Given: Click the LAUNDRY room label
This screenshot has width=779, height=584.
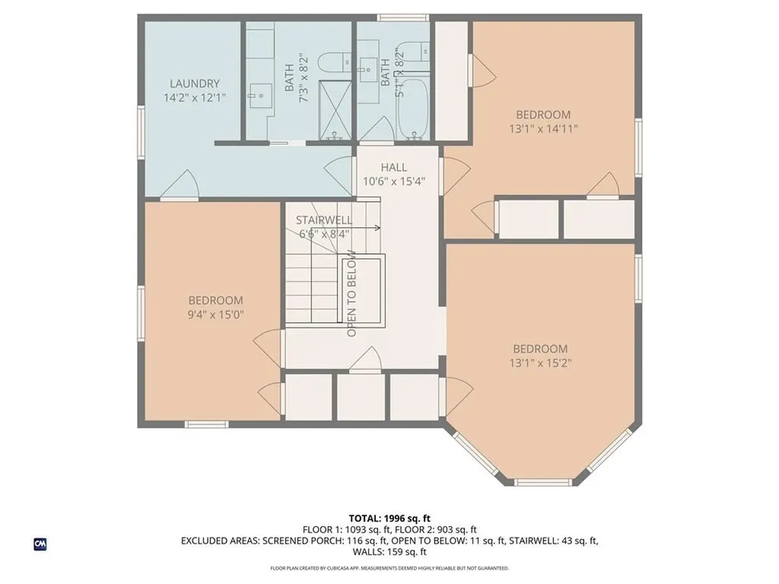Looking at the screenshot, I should (195, 84).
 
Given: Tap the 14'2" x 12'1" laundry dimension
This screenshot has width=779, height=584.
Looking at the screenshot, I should (195, 98).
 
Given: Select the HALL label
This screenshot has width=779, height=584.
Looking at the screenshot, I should (393, 167).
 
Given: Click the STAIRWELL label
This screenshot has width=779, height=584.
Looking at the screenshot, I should (324, 220).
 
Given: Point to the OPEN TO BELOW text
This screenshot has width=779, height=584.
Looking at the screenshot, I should (352, 293).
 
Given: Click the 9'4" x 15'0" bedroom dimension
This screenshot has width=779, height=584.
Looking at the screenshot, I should (216, 315).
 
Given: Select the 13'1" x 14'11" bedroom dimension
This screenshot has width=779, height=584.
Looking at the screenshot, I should (543, 129).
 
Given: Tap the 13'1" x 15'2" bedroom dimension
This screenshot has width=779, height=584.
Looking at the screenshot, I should (540, 363).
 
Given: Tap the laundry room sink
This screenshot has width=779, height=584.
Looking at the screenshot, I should (261, 95).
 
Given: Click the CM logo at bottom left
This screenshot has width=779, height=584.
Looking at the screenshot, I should (40, 544).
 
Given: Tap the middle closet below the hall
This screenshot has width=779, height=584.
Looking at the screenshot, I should (361, 397).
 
